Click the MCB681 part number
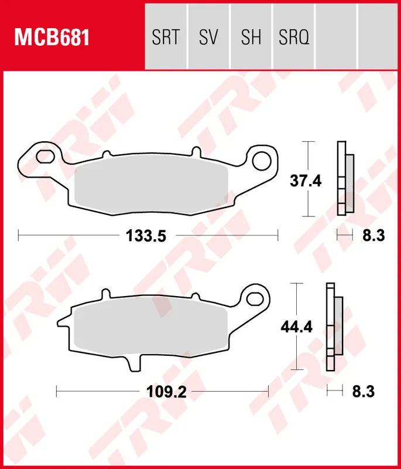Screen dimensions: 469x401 pyautogui.click(x=52, y=38)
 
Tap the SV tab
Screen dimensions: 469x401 pyautogui.click(x=208, y=38)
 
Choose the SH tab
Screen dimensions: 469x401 pyautogui.click(x=251, y=38)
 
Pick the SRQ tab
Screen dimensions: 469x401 pyautogui.click(x=294, y=38)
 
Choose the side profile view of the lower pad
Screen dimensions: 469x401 pyautogui.click(x=333, y=325)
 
